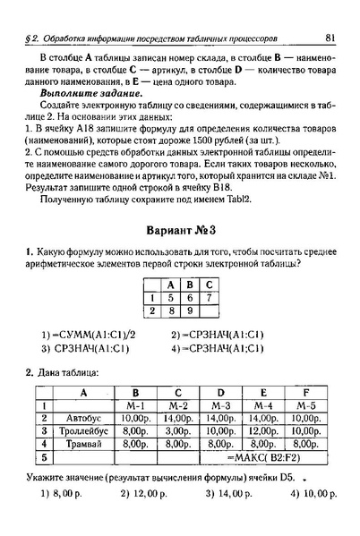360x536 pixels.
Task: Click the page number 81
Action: pos(330,38)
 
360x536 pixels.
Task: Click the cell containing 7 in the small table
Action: pos(208,296)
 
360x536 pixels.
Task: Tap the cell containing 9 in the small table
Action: pos(187,311)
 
